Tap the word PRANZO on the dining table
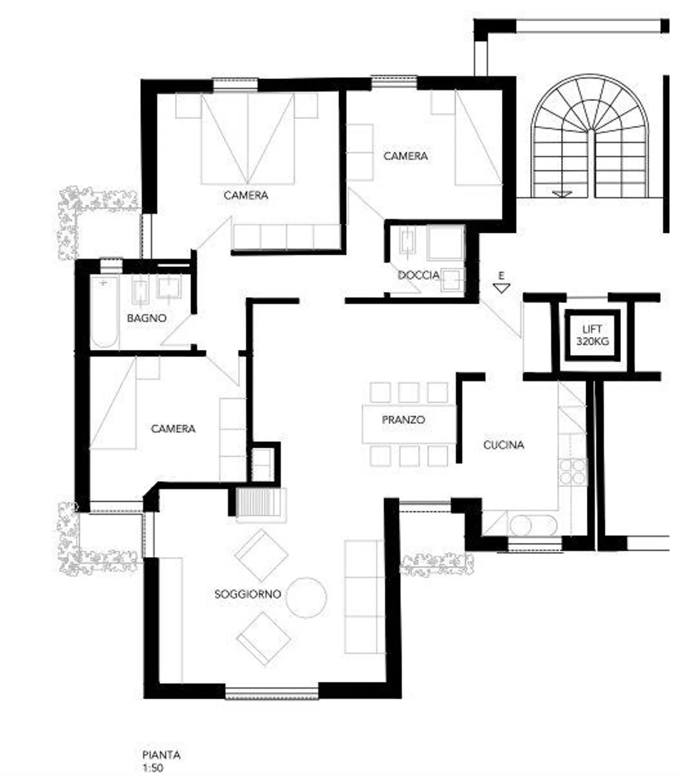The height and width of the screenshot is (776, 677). point(403,420)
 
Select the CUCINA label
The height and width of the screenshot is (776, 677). point(504,445)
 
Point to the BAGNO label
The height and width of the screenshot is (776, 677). point(147,318)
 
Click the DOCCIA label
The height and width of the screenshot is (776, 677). point(418,275)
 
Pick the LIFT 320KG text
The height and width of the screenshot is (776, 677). point(592,335)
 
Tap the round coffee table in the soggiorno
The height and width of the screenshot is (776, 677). point(307,597)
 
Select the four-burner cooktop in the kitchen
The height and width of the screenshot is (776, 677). point(573,471)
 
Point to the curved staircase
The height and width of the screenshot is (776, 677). point(590,136)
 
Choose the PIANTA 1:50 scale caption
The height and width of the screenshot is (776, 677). point(161,761)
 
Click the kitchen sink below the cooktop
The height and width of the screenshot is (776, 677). point(533,525)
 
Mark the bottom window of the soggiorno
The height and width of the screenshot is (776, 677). point(272,693)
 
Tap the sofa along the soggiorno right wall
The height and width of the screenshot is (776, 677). point(364,596)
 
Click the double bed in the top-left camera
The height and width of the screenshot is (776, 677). point(247,139)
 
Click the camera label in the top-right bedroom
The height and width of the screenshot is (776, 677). point(405,156)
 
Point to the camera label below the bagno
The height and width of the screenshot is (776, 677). point(173,429)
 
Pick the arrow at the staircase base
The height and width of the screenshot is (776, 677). point(562,194)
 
